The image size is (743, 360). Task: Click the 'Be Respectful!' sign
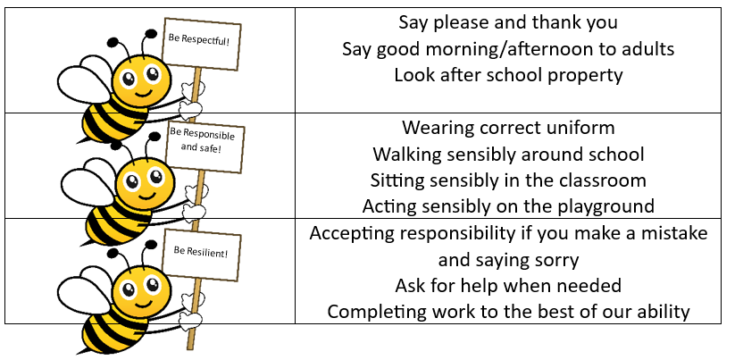[201, 44]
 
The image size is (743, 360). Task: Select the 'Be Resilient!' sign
[201, 255]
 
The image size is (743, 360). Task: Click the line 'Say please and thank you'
[508, 22]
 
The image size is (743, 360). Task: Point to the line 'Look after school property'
[508, 75]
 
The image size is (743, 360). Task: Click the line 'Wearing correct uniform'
[508, 128]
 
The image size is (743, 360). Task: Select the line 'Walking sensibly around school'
[508, 154]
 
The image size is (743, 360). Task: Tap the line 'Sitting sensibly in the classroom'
[508, 180]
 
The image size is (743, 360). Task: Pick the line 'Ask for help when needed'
[508, 286]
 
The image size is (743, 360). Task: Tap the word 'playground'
[602, 207]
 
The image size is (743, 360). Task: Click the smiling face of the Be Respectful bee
[142, 79]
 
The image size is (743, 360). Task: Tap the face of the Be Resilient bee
[142, 290]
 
